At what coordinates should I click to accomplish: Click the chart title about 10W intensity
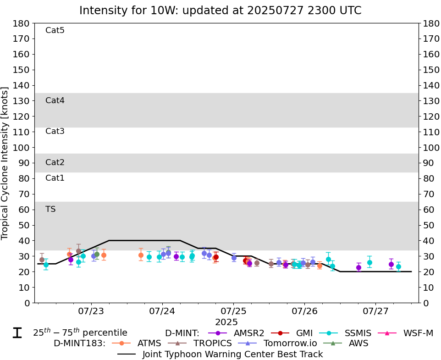(x=220, y=10)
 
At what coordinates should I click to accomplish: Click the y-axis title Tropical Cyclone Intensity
(x=6, y=163)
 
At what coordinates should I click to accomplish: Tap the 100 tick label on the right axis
(x=429, y=148)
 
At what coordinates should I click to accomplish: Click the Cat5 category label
(x=55, y=31)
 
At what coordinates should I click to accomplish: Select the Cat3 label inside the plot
(x=55, y=132)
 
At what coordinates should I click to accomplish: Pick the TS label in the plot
(x=50, y=210)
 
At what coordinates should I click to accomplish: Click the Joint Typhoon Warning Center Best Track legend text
(x=232, y=354)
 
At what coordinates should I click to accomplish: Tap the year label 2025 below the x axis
(x=226, y=322)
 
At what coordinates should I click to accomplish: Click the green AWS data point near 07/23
(x=97, y=254)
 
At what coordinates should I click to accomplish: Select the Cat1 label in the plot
(x=55, y=178)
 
